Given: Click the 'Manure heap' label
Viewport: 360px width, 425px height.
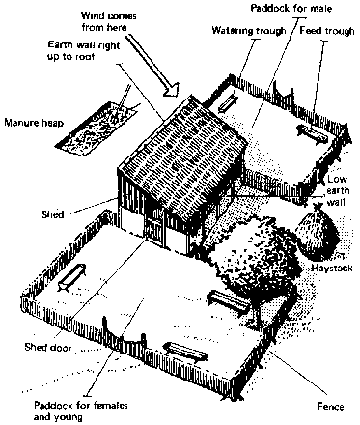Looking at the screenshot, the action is click(x=34, y=123).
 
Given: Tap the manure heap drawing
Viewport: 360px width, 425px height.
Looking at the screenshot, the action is click(x=97, y=127).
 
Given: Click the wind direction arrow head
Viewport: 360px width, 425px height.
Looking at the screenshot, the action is click(x=172, y=89).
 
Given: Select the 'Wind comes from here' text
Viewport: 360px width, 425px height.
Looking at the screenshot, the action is click(x=109, y=21).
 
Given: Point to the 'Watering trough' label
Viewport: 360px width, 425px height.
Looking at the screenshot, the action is click(x=249, y=31).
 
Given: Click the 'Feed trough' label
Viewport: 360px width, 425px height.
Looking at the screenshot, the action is click(x=327, y=31).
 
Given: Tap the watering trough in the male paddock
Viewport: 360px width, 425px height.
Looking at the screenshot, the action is click(x=228, y=104).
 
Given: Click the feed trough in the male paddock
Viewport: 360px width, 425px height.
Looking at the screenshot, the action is click(x=312, y=133).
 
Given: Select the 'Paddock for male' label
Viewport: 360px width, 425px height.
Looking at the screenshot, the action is click(x=291, y=8).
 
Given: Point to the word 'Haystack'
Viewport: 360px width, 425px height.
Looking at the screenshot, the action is click(x=332, y=269).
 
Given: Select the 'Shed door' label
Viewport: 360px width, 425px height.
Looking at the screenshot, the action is click(x=48, y=347).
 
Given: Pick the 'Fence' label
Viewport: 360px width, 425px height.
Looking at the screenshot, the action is click(x=330, y=407).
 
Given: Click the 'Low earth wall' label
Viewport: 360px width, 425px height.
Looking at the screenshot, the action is click(x=338, y=190).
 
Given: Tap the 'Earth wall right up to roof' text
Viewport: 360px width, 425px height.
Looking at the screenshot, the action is click(x=83, y=51).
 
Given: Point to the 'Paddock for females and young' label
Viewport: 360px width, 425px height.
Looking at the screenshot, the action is click(x=80, y=411).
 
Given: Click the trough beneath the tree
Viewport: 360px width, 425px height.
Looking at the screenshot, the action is click(x=229, y=302).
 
